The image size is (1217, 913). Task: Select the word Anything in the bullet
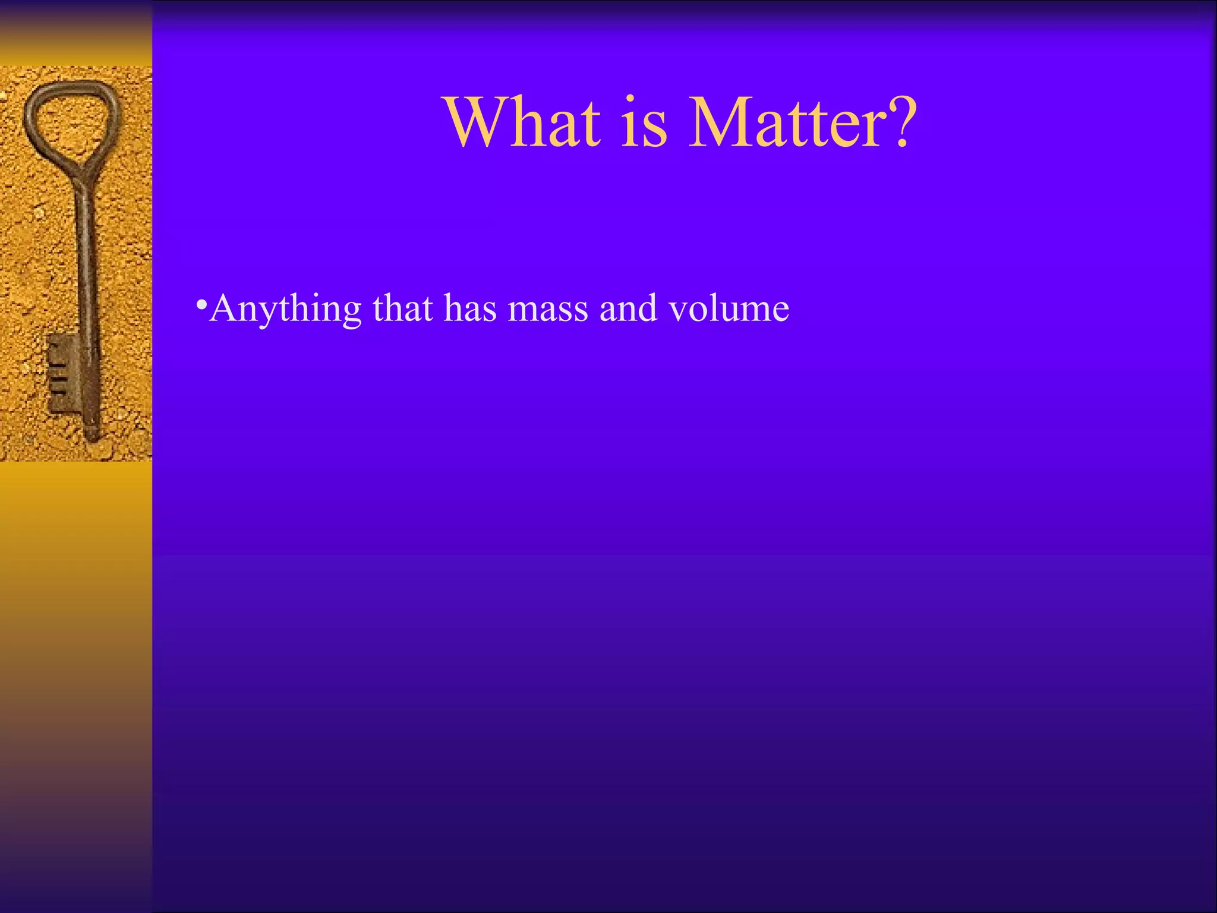285,309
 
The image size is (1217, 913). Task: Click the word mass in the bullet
547,309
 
